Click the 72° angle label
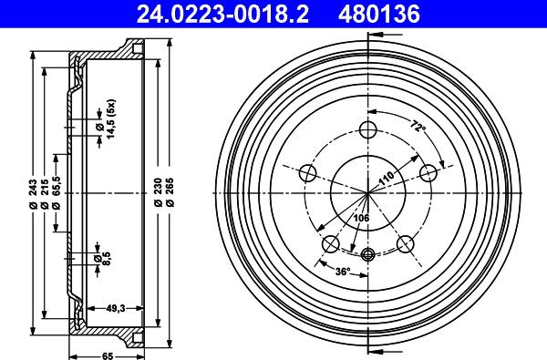pos(418,128)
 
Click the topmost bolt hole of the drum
pos(368,129)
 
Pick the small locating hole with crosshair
pos(368,255)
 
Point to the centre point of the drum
pos(368,193)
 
